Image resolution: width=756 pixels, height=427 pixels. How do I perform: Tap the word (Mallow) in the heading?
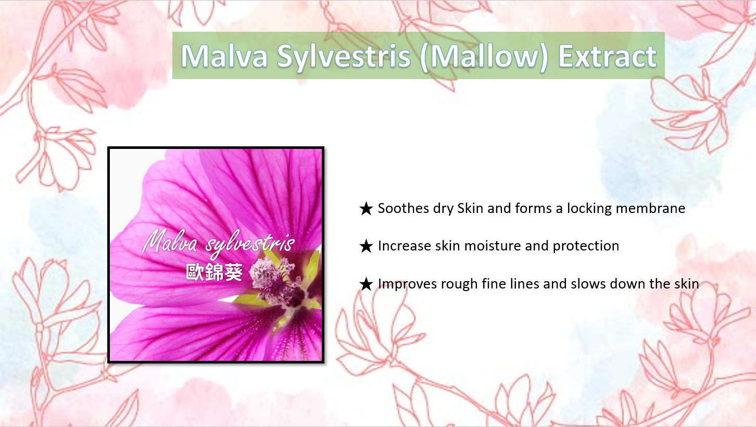(x=484, y=57)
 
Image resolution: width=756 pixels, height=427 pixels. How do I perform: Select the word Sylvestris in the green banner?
(x=344, y=57)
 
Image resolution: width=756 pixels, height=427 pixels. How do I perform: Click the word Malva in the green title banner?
(x=224, y=56)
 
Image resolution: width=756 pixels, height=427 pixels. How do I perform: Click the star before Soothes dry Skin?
(x=366, y=209)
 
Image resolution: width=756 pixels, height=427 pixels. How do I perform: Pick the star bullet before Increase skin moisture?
(x=366, y=246)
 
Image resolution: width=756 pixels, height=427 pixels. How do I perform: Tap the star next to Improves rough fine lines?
(x=366, y=284)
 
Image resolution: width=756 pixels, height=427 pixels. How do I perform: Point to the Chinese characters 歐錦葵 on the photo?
(x=214, y=272)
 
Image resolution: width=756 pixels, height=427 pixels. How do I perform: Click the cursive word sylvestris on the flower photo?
(x=250, y=244)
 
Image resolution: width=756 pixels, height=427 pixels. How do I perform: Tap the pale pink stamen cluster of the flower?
(x=266, y=272)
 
